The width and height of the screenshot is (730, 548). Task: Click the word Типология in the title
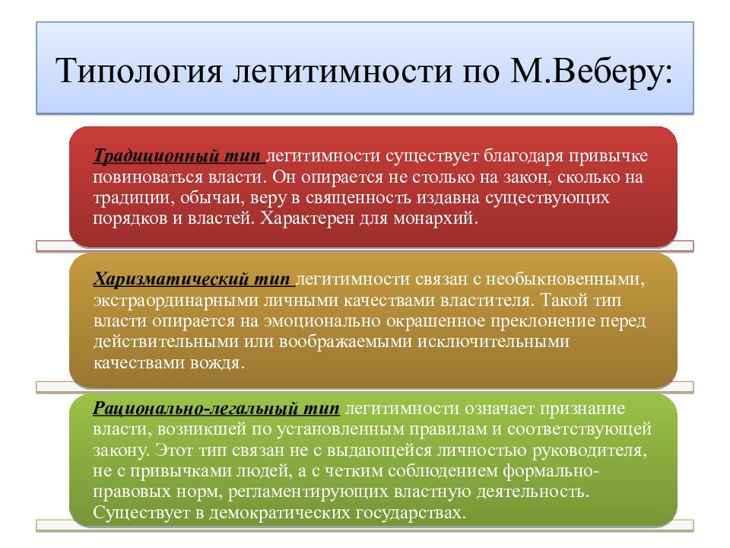coord(139,72)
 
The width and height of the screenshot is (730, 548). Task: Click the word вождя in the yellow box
coord(217,362)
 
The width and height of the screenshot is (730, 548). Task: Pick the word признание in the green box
coord(582,408)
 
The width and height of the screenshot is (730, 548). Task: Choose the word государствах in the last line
coord(411,512)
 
